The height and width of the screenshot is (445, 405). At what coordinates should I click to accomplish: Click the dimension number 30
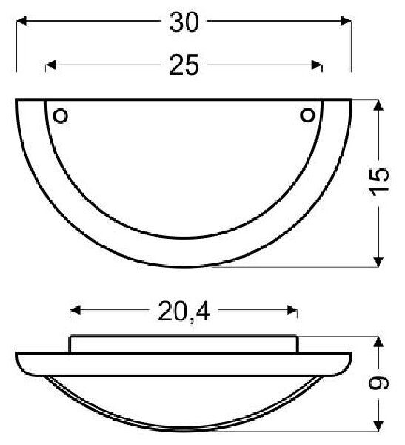184,22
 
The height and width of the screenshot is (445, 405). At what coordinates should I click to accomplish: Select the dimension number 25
184,65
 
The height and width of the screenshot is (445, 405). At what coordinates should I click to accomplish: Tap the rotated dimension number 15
380,182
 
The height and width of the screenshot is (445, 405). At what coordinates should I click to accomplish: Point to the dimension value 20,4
184,311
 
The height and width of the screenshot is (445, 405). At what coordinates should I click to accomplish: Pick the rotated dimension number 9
378,383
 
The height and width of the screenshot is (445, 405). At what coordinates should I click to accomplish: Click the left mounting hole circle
61,116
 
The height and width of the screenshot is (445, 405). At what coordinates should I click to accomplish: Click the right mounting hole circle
307,115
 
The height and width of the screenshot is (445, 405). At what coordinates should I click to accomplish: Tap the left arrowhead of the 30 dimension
21,21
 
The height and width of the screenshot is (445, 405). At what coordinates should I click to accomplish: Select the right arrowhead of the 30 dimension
346,21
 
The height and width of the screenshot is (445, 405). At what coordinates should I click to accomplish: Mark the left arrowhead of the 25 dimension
51,65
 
